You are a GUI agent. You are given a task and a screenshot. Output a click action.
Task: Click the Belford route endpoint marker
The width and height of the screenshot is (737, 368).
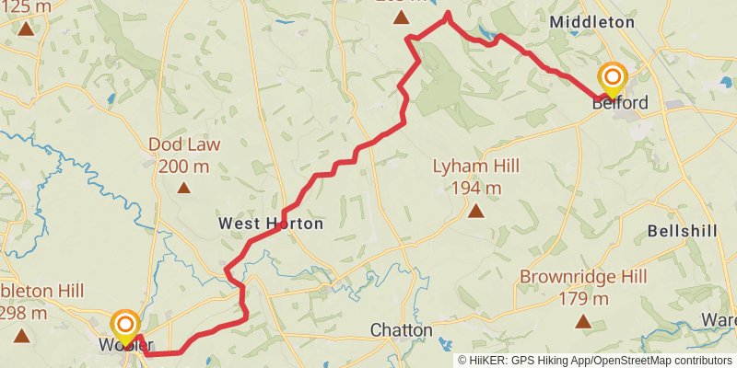(613, 78)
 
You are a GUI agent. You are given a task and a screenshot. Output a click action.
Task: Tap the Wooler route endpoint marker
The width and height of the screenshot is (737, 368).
(124, 327)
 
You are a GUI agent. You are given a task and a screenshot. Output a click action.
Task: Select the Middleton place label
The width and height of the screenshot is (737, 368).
(604, 21)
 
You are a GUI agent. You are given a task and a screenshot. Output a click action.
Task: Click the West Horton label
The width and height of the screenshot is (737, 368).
(271, 224)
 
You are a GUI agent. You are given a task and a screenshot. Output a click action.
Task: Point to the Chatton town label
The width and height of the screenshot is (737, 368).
(401, 329)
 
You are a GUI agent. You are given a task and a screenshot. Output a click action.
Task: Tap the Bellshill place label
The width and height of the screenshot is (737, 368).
(682, 230)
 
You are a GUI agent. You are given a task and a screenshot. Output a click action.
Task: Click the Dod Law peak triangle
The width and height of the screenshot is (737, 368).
(184, 189)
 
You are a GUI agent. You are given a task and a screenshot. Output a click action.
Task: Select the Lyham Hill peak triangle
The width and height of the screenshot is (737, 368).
(475, 212)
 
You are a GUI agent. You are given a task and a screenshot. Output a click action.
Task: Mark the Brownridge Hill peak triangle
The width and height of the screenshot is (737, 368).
(582, 321)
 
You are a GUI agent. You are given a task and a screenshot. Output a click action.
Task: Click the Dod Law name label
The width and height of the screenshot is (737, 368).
(184, 144)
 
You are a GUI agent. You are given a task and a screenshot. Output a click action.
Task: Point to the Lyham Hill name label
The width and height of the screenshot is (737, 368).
(475, 167)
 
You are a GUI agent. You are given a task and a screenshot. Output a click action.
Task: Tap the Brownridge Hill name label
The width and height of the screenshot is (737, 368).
(583, 277)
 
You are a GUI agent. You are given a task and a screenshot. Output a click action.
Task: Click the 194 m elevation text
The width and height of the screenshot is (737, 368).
(476, 188)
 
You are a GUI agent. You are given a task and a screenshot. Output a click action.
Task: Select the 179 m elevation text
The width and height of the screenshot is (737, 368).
(583, 298)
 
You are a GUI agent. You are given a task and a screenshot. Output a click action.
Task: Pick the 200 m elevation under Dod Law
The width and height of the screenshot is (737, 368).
(184, 166)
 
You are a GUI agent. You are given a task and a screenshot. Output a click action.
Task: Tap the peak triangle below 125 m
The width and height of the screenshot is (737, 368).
(26, 29)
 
